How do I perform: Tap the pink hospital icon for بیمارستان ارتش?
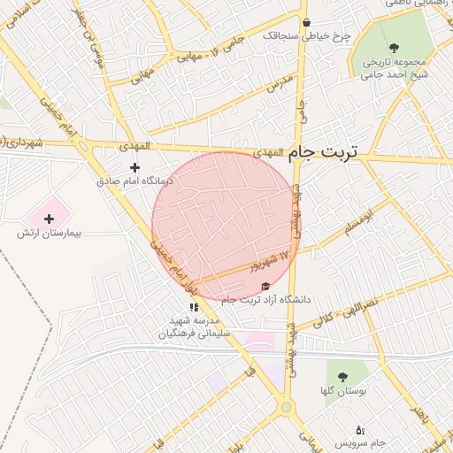[x=49, y=217]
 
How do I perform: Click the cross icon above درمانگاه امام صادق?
[x=134, y=167]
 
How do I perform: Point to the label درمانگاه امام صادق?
[x=135, y=180]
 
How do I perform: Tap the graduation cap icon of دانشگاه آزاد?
[x=265, y=287]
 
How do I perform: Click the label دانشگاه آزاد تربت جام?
[x=266, y=301]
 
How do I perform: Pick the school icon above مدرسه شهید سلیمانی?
[x=195, y=306]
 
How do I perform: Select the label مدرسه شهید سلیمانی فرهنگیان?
[x=194, y=327]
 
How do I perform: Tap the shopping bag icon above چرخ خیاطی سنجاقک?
[x=306, y=23]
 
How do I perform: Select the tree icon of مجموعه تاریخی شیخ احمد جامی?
[x=393, y=49]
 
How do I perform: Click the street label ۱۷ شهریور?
[x=271, y=259]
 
